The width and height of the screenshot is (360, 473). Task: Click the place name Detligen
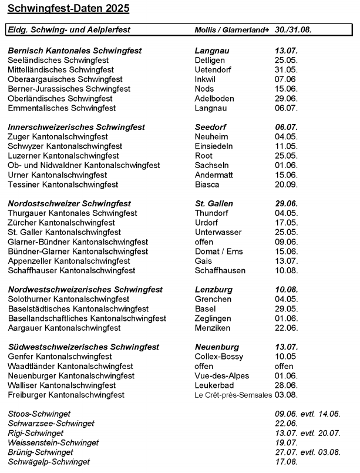(209, 61)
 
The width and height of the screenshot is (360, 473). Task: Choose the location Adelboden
(214, 98)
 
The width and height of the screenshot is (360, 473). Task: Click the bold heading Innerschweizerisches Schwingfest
(76, 127)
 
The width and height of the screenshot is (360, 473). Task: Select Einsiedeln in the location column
(214, 146)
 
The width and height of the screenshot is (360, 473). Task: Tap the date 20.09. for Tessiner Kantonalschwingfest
(286, 184)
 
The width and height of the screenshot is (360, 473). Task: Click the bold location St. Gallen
(214, 203)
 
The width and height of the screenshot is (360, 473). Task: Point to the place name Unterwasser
(217, 232)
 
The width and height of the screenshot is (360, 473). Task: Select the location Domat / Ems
(218, 251)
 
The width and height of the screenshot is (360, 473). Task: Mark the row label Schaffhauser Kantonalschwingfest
(72, 270)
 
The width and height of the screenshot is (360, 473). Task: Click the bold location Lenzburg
(213, 290)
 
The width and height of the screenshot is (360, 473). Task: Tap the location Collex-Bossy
(218, 357)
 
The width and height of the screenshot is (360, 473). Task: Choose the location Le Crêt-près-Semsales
(234, 395)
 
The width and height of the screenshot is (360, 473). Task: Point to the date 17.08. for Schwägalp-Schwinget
(286, 462)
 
